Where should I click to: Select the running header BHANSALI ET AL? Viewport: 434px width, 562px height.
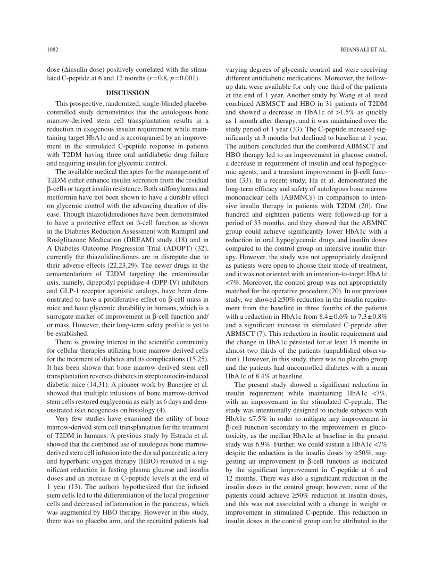[363, 49]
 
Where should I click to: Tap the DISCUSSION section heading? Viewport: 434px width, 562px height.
[131, 93]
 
